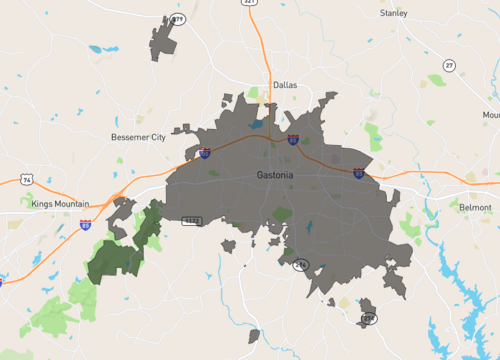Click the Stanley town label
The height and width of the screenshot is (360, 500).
point(394,13)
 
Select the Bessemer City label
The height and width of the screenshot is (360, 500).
point(138,136)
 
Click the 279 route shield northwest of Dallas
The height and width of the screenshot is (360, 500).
point(178,19)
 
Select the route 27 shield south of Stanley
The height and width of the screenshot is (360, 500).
point(449,65)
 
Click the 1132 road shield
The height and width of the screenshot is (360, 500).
point(192,219)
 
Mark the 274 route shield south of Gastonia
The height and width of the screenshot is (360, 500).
point(302,264)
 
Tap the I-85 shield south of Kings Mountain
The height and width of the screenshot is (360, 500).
point(87,226)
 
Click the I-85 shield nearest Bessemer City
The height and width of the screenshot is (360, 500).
point(204,153)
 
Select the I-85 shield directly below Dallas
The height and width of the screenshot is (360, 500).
point(292,140)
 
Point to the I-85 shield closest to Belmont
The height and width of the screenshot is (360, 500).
point(359,173)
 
